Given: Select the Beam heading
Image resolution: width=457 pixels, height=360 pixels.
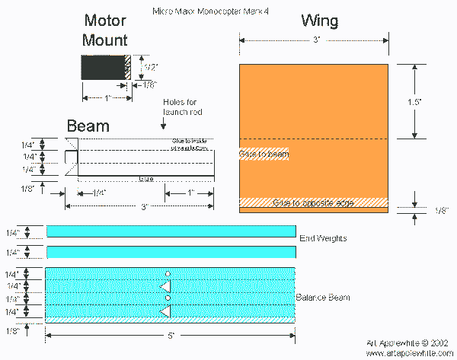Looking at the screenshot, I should coord(88,126).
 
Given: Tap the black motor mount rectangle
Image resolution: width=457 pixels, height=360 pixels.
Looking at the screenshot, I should coord(103,68).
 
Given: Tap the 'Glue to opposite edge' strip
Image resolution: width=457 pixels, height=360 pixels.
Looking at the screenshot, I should coord(313,202).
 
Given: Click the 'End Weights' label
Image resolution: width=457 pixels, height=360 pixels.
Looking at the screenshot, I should coord(323,238).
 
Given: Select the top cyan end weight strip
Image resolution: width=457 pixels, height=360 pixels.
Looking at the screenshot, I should coord(171,231).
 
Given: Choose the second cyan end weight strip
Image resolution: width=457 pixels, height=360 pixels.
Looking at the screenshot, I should coord(171,252).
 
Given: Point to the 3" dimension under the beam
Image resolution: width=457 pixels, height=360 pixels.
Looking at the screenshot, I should coord(142,206).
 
